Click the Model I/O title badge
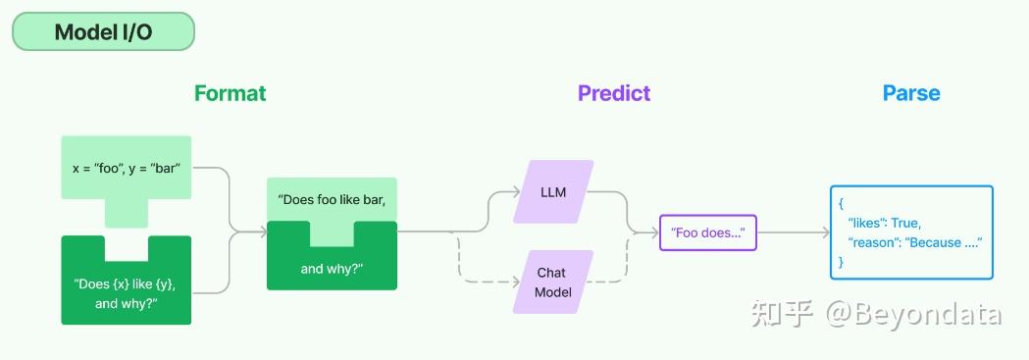pyautogui.click(x=104, y=31)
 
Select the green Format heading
pyautogui.click(x=231, y=93)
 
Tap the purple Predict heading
pyautogui.click(x=614, y=93)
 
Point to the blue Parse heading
pyautogui.click(x=911, y=93)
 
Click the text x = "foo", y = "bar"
pyautogui.click(x=127, y=169)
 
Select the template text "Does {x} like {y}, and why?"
pyautogui.click(x=126, y=293)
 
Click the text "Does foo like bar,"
pyautogui.click(x=332, y=200)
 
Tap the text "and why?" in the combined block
pyautogui.click(x=332, y=269)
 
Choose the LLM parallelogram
pyautogui.click(x=553, y=192)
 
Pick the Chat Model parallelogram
pyautogui.click(x=553, y=282)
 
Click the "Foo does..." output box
pyautogui.click(x=708, y=232)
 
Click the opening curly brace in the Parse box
pyautogui.click(x=842, y=204)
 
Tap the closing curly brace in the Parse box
pyautogui.click(x=842, y=262)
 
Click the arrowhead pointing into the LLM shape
pyautogui.click(x=517, y=192)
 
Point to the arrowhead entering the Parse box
pyautogui.click(x=826, y=232)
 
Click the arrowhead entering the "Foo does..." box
pyautogui.click(x=654, y=232)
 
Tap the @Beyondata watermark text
pyautogui.click(x=913, y=314)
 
